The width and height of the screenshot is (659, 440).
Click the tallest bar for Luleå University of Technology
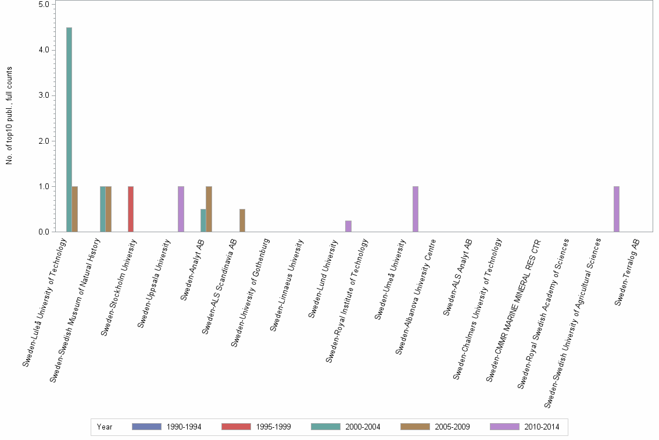pos(69,129)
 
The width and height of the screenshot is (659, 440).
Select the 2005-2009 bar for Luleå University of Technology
pos(75,209)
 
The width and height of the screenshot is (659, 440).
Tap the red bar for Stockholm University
pos(131,209)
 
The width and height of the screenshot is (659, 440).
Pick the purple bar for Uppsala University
pos(181,209)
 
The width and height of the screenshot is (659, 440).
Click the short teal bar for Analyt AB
pos(203,221)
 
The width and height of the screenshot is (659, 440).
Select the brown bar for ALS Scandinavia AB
pos(242,221)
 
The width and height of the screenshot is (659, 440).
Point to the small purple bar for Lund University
pos(348,226)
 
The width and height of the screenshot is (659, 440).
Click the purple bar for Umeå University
pos(416,209)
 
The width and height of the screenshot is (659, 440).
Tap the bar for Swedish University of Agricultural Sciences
pos(617,209)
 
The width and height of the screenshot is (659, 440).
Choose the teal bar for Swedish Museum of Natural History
pos(102,209)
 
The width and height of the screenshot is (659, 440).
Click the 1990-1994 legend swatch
pos(146,427)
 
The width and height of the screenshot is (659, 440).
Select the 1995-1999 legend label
pos(273,427)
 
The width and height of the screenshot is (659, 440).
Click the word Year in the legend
pos(105,427)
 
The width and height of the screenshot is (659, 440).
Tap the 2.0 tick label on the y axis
pos(45,141)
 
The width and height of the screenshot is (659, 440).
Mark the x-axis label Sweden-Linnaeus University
pos(288,285)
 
